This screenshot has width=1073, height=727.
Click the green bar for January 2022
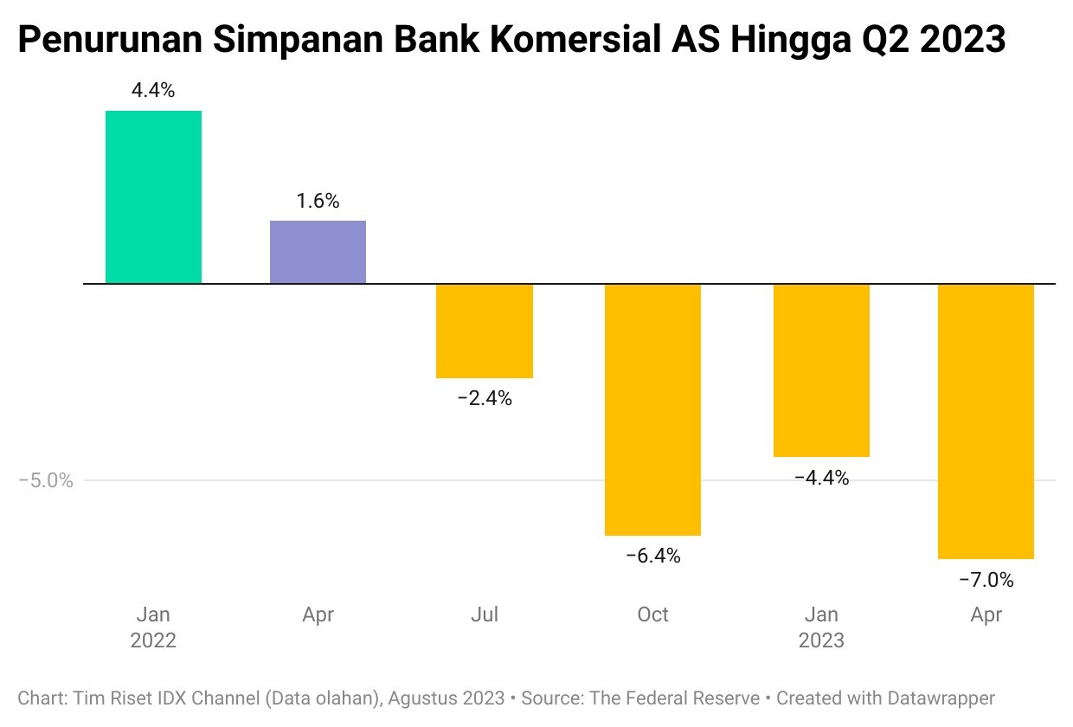click(153, 196)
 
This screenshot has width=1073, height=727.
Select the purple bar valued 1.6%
click(318, 252)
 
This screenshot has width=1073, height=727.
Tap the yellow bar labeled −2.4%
click(485, 331)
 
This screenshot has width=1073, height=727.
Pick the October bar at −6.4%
click(652, 409)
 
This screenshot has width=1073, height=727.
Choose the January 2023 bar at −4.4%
click(821, 370)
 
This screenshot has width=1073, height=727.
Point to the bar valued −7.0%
click(986, 421)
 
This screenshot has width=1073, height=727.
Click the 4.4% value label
click(153, 90)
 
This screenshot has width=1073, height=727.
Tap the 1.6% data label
click(318, 201)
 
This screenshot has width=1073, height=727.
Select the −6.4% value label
click(653, 556)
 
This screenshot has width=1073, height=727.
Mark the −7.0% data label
click(986, 580)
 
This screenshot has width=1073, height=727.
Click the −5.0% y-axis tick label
click(46, 480)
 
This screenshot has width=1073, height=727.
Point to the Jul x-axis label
click(485, 614)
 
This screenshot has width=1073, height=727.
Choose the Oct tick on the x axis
click(652, 614)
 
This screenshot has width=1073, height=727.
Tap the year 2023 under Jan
click(821, 641)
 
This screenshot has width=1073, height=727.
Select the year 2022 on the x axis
click(153, 641)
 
